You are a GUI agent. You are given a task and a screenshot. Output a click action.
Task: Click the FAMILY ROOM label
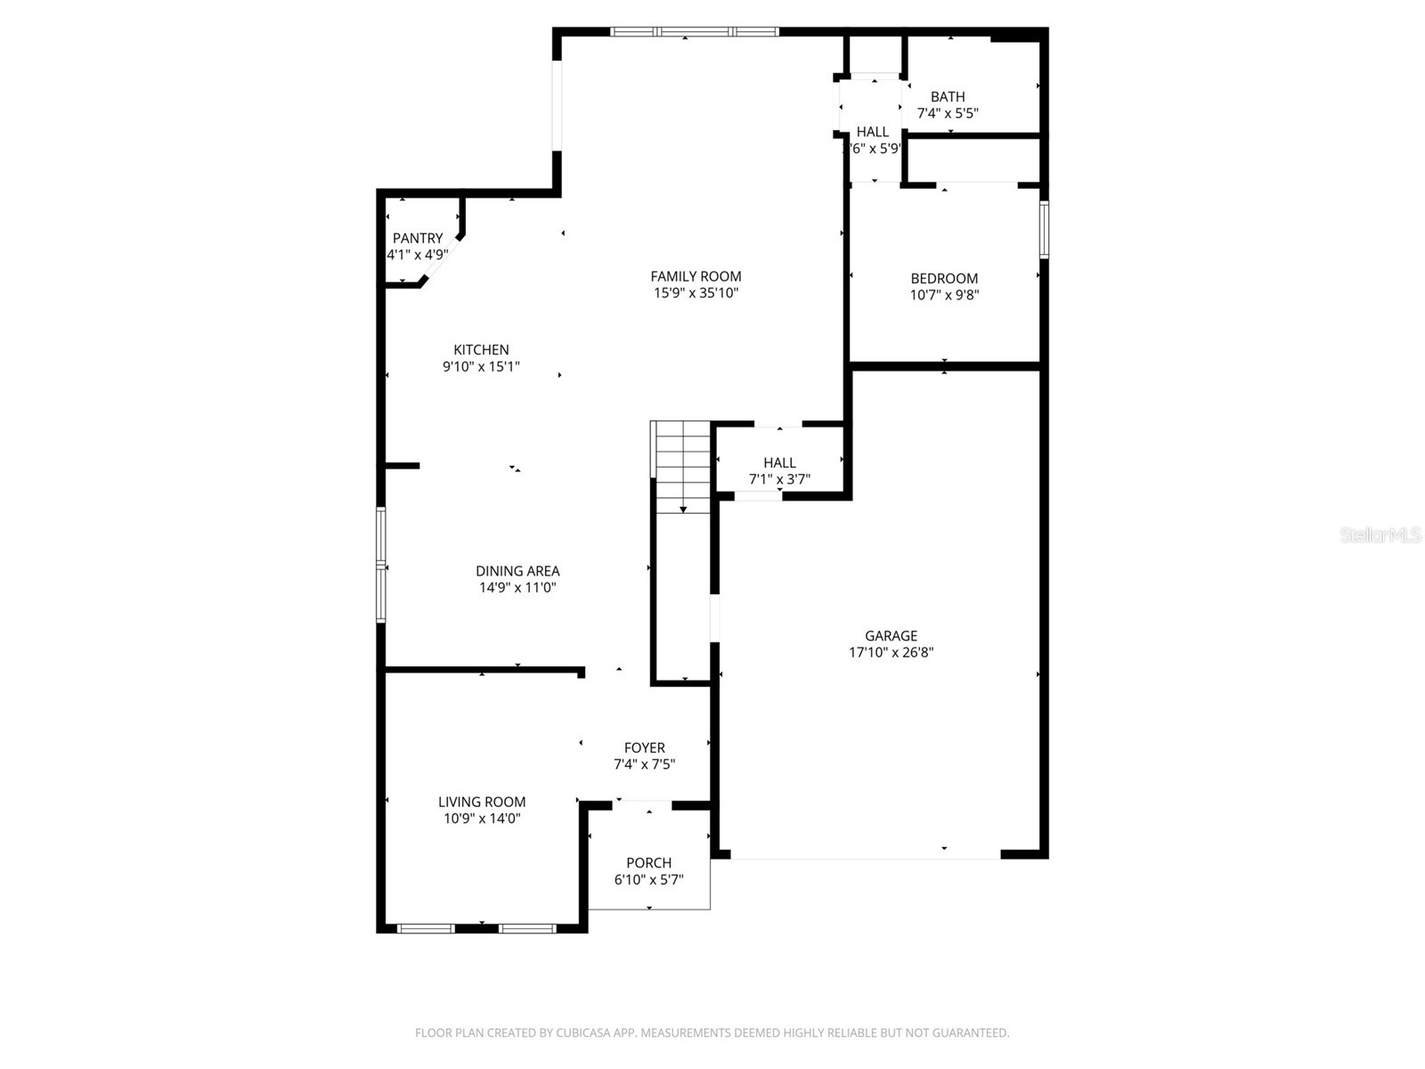pyautogui.click(x=696, y=276)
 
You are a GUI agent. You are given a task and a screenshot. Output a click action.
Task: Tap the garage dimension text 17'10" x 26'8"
pyautogui.click(x=891, y=652)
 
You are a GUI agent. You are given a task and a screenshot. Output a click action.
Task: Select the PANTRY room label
pyautogui.click(x=418, y=238)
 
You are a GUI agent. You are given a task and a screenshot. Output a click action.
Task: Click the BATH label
pyautogui.click(x=948, y=96)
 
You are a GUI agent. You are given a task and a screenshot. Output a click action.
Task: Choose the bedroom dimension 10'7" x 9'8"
pyautogui.click(x=944, y=295)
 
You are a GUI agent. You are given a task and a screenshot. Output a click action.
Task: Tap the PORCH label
pyautogui.click(x=648, y=862)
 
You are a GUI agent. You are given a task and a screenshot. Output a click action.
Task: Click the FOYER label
pyautogui.click(x=644, y=747)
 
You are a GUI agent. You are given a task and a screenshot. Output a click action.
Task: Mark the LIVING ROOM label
pyautogui.click(x=482, y=802)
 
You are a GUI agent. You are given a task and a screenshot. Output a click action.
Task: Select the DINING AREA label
pyautogui.click(x=517, y=571)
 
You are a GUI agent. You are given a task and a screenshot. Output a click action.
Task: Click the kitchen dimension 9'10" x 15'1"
pyautogui.click(x=481, y=366)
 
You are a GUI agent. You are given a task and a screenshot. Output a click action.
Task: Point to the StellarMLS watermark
pyautogui.click(x=1380, y=534)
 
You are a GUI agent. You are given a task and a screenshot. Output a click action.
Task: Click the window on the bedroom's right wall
pyautogui.click(x=1044, y=229)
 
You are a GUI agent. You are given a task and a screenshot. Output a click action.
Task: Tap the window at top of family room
pyautogui.click(x=695, y=32)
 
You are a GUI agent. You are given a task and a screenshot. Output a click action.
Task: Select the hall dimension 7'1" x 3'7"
pyautogui.click(x=779, y=479)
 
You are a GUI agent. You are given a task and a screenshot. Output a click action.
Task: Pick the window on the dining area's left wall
pyautogui.click(x=381, y=564)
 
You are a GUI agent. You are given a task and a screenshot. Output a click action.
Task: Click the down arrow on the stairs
pyautogui.click(x=683, y=508)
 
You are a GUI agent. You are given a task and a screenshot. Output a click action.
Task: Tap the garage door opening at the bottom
pyautogui.click(x=865, y=857)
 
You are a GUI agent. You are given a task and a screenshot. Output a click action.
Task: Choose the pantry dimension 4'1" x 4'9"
pyautogui.click(x=417, y=255)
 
